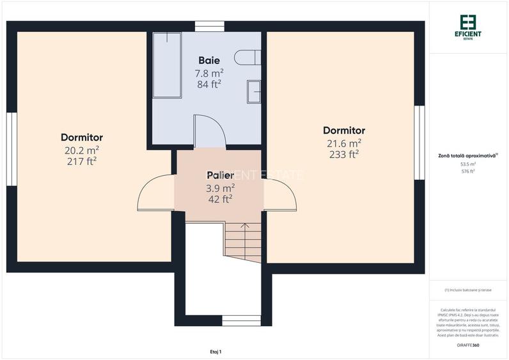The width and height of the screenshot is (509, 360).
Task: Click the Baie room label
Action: [208, 60]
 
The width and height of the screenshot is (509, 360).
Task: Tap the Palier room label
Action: [220, 175]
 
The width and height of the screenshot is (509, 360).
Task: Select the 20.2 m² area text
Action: [81, 150]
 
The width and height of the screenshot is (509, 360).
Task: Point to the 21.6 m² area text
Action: [343, 143]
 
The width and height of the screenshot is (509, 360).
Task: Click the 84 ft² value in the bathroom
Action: [208, 84]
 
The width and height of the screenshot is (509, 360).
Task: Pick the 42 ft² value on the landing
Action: [220, 199]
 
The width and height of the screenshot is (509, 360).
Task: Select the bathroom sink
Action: [254, 91]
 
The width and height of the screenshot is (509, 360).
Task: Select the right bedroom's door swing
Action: [279, 196]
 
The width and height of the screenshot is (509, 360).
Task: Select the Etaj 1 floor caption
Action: [215, 352]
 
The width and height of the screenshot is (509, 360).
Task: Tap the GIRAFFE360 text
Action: [468, 345]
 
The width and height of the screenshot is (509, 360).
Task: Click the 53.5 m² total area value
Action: [468, 164]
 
